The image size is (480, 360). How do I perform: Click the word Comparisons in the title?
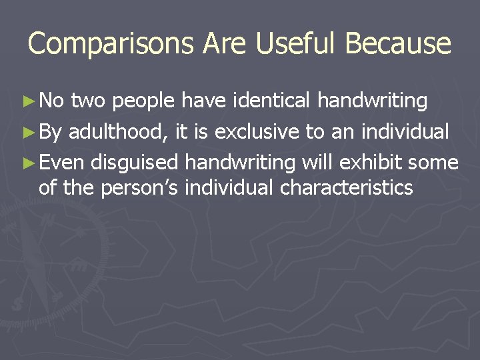[111, 44]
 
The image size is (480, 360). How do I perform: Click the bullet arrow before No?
[29, 101]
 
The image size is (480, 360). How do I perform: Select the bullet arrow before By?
[29, 132]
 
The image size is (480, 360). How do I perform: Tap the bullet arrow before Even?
[29, 163]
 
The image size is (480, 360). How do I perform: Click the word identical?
[271, 101]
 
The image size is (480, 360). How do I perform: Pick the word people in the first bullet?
[144, 101]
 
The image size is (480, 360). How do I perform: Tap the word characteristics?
[347, 188]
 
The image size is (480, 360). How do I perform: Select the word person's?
[141, 189]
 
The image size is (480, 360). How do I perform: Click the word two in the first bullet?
[87, 101]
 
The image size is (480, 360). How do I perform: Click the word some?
[435, 162]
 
